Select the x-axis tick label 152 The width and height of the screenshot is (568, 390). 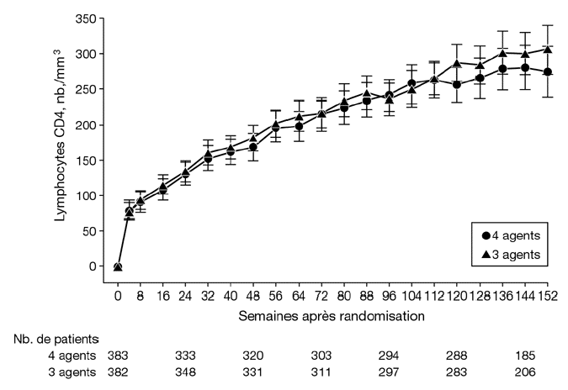coord(549,297)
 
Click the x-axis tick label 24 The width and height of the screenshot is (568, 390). coord(186,297)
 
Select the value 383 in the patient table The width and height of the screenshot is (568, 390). coord(119,356)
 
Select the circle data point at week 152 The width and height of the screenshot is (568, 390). coord(549,72)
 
